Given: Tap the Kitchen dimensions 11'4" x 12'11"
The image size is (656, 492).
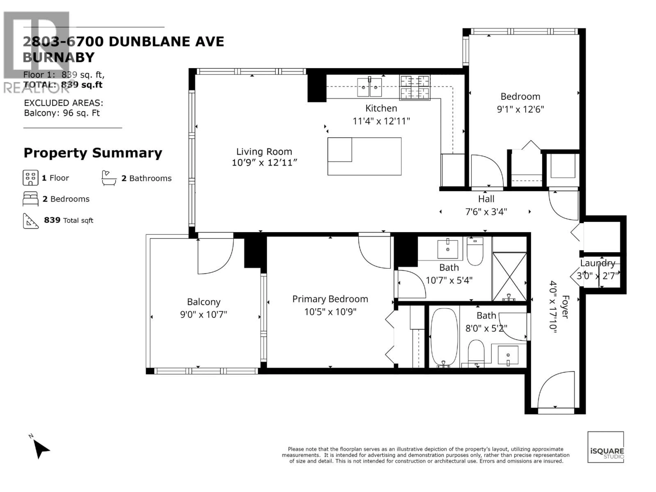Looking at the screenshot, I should pyautogui.click(x=381, y=121).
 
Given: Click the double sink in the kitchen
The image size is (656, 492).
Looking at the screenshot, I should pyautogui.click(x=369, y=87).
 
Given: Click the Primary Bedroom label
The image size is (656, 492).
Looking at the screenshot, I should pyautogui.click(x=330, y=299).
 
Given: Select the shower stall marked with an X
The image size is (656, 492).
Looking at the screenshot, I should pyautogui.click(x=509, y=276).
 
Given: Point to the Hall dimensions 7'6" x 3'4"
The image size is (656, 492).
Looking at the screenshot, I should pyautogui.click(x=486, y=212).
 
